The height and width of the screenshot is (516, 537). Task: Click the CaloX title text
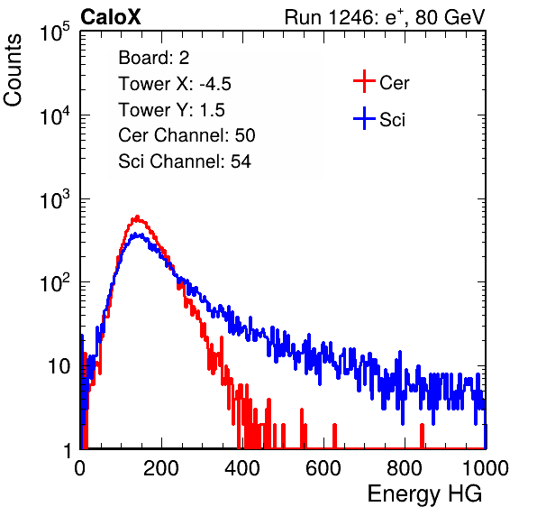click(x=110, y=17)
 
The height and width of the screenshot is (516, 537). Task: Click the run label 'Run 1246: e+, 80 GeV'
click(x=385, y=17)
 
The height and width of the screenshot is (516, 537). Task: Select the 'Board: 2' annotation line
click(x=153, y=58)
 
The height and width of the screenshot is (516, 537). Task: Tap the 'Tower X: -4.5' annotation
click(x=175, y=84)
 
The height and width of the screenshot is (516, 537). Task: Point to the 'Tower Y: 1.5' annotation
click(x=171, y=110)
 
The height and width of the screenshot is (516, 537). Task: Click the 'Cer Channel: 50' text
click(x=187, y=135)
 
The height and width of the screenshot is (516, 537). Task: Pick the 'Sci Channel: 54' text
click(x=185, y=161)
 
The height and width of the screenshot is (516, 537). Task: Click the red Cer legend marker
click(x=364, y=81)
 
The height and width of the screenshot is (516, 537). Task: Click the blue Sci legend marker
click(x=364, y=119)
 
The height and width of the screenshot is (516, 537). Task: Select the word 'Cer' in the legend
click(x=394, y=83)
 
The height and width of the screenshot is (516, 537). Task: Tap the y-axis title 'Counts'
click(x=13, y=70)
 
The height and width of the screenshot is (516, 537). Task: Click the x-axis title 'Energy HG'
click(x=424, y=494)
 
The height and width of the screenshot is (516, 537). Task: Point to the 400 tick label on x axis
click(x=242, y=468)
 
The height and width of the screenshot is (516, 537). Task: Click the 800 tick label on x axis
click(x=405, y=468)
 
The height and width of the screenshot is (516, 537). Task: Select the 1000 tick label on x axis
click(x=486, y=468)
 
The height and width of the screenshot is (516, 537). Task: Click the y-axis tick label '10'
click(x=59, y=366)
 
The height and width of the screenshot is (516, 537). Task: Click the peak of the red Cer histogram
click(x=137, y=217)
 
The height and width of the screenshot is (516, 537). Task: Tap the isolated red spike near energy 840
click(x=422, y=436)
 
